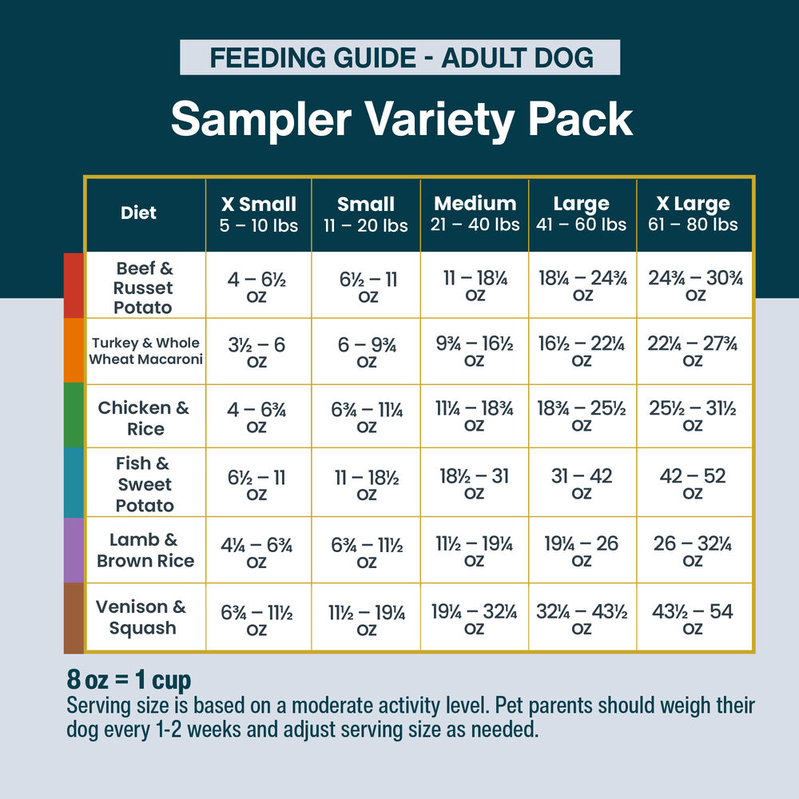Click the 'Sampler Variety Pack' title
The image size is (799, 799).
(x=401, y=119)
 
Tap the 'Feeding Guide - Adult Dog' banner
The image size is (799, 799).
(x=399, y=58)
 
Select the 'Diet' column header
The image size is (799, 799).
(x=138, y=213)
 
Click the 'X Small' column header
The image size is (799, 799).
(x=258, y=214)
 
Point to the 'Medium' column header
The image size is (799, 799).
(x=475, y=214)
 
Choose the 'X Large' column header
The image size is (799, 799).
(x=694, y=214)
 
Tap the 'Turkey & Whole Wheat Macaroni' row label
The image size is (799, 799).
(x=145, y=351)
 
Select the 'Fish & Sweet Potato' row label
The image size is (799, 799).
(x=145, y=484)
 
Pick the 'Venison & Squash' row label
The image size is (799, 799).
(x=141, y=618)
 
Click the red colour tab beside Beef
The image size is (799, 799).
(x=74, y=285)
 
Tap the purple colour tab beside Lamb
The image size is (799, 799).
(x=74, y=551)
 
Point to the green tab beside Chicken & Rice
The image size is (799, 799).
(x=74, y=415)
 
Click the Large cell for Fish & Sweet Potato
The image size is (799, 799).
(x=582, y=483)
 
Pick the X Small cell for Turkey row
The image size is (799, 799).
(x=257, y=352)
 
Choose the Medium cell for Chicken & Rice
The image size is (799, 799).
(x=475, y=415)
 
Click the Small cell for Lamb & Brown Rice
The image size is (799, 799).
(x=367, y=551)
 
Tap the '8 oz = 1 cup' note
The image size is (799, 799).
(x=129, y=680)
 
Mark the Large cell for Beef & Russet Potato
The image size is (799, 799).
(x=582, y=285)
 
